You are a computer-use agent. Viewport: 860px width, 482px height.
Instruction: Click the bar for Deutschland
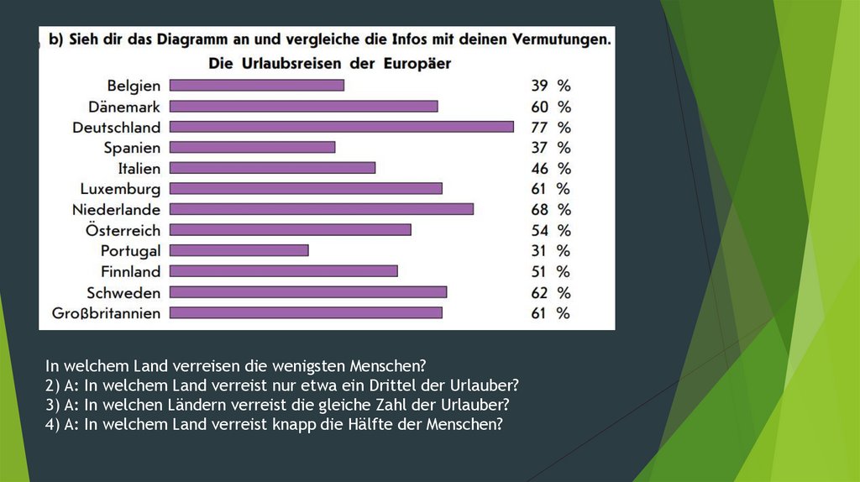coord(341,127)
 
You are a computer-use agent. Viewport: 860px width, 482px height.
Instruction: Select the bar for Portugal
coord(239,250)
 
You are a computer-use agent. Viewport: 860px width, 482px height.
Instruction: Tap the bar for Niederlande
coord(322,209)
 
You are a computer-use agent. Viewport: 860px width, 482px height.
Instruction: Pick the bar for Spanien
coord(252,147)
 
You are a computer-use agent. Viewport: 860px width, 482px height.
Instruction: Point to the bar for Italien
coord(272,168)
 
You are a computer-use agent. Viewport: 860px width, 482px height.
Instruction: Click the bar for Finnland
coord(283,271)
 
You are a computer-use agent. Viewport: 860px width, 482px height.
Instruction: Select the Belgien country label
coord(134,85)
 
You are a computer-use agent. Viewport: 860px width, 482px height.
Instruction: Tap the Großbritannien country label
coord(106,313)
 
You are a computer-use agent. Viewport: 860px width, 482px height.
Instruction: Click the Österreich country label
coord(123,230)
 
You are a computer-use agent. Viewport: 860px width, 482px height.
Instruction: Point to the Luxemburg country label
coord(120,189)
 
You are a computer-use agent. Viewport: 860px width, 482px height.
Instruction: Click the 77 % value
coord(550,128)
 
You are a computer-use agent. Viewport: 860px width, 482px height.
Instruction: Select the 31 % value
coord(550,251)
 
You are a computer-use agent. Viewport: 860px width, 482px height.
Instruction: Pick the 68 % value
coord(550,210)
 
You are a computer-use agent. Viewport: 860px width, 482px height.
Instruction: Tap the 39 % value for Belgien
coord(550,86)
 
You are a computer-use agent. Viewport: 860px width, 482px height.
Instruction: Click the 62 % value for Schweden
coord(550,292)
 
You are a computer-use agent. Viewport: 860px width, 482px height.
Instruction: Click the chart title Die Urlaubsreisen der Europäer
coord(329,63)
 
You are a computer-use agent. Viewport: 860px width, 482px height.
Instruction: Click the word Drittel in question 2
coord(402,385)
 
